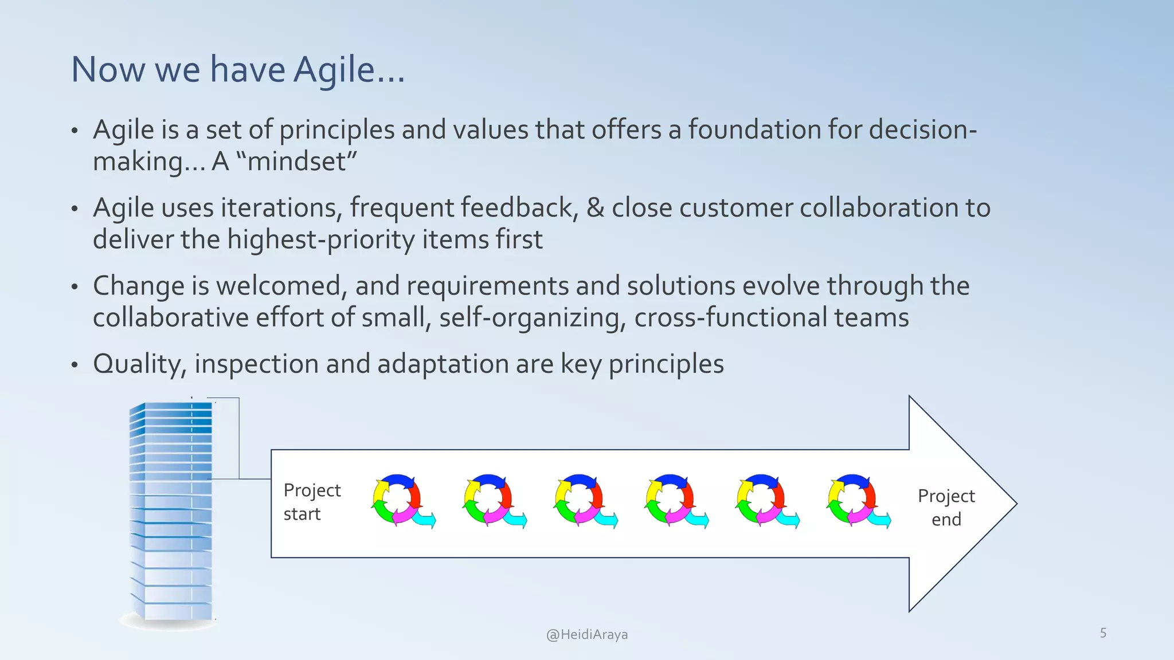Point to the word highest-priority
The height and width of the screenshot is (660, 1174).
click(x=320, y=239)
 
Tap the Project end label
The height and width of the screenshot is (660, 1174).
click(x=946, y=507)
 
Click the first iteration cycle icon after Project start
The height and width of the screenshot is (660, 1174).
click(x=401, y=500)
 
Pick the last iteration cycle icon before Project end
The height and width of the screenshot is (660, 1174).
click(x=856, y=500)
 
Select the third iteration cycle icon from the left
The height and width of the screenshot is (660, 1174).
click(x=584, y=500)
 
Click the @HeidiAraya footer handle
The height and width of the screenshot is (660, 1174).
click(x=586, y=634)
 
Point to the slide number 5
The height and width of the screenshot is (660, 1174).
click(x=1103, y=633)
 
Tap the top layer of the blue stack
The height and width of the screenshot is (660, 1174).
click(x=172, y=406)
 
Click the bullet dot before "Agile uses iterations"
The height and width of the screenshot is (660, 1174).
click(x=74, y=209)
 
